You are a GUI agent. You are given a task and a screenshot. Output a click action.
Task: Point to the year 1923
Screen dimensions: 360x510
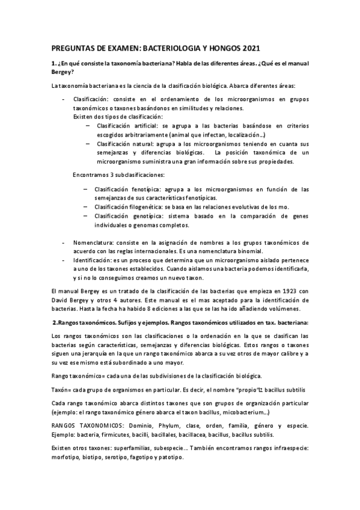pos(284,290)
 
